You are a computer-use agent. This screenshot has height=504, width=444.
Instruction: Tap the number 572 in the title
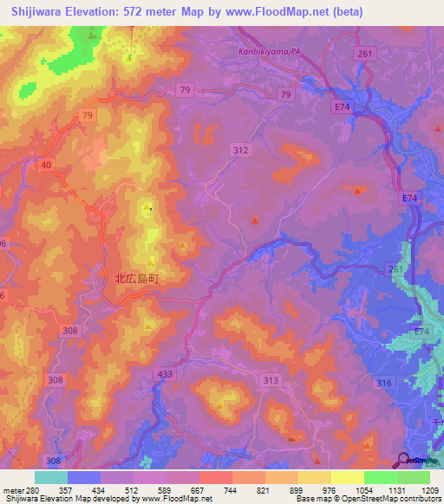click(143, 11)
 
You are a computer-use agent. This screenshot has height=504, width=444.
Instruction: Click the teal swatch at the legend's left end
click(51, 477)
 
